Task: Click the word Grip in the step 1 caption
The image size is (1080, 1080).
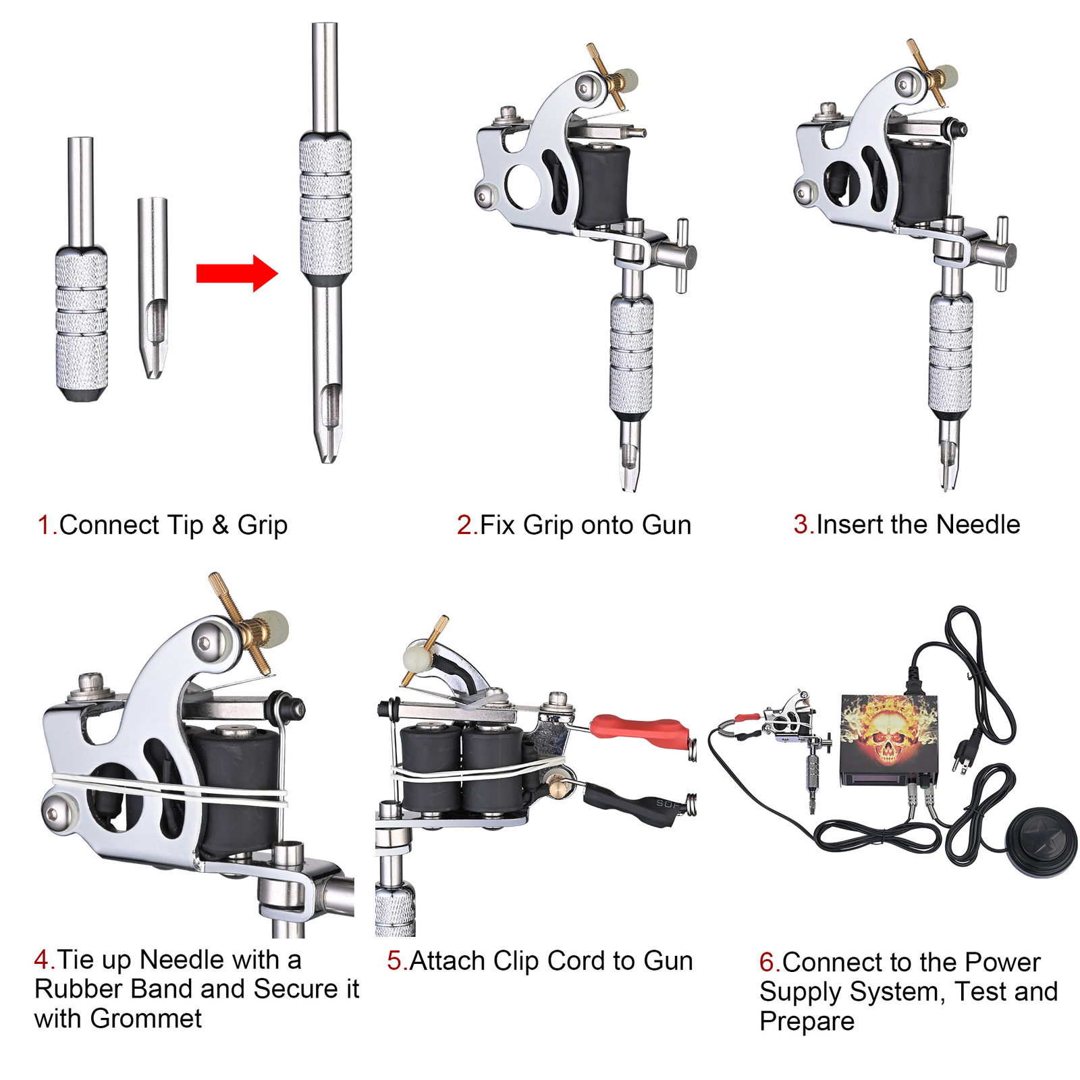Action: click(x=262, y=525)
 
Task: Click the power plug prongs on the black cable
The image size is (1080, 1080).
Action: click(x=961, y=759)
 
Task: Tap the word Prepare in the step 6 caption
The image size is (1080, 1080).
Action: click(x=807, y=1021)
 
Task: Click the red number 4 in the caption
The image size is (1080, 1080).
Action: click(x=41, y=959)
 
